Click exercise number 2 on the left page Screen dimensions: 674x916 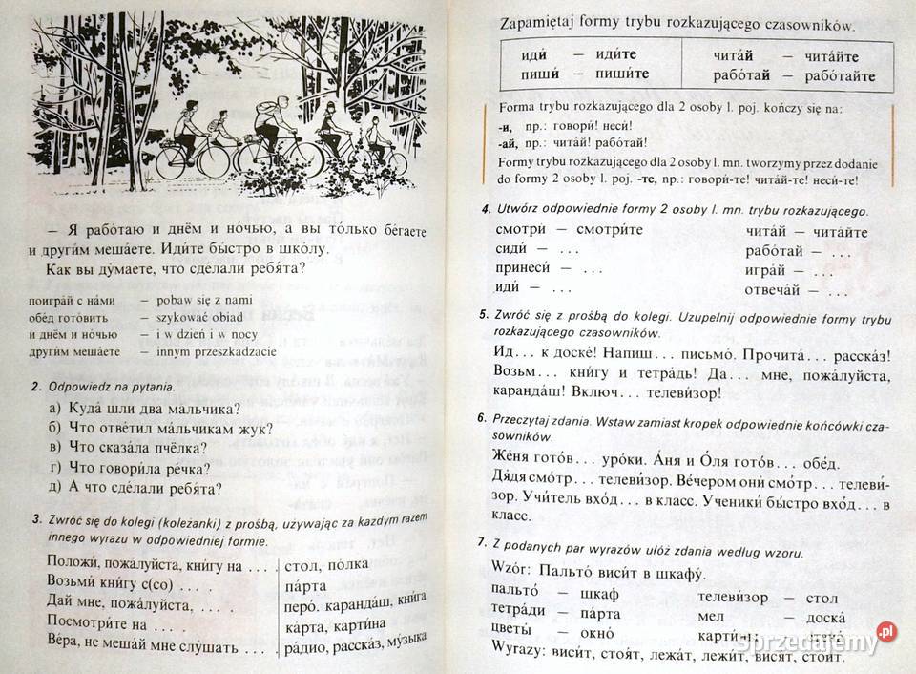pos(34,388)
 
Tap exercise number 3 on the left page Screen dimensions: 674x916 pos(34,519)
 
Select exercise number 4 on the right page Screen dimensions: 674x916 pos(487,209)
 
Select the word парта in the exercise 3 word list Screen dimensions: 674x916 pos(306,584)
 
